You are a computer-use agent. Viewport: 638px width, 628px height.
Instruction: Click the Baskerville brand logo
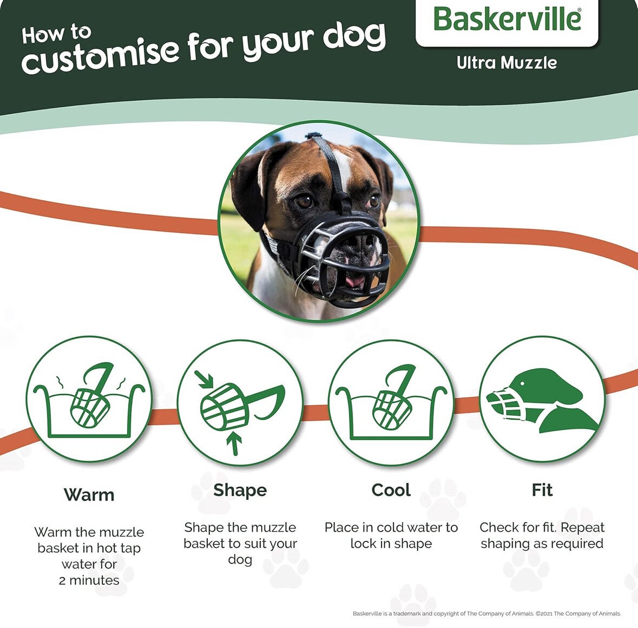[507, 19]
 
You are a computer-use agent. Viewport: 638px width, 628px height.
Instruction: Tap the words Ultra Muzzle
[507, 63]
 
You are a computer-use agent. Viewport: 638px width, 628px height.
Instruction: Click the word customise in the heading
[100, 56]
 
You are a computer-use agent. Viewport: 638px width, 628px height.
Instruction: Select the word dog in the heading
[354, 37]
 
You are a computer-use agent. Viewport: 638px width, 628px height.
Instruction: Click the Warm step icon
[89, 399]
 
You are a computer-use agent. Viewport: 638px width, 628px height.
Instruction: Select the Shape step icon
[240, 402]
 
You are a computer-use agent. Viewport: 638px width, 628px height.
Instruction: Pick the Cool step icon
[391, 402]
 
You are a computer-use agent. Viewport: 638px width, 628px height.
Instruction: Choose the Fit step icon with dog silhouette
[542, 399]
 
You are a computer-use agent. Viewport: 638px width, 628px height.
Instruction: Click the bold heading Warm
[89, 495]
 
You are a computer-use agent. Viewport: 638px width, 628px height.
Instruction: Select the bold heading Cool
[391, 490]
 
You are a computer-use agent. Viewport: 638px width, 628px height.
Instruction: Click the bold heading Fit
[542, 490]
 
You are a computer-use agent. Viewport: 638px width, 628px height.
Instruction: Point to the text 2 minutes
[89, 580]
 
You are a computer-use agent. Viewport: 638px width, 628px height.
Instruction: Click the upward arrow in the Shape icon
[234, 443]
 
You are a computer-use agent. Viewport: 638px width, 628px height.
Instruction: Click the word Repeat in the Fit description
[583, 528]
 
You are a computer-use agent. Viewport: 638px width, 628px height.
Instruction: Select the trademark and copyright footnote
[486, 613]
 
